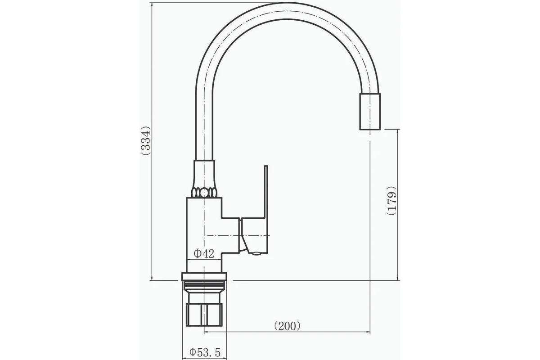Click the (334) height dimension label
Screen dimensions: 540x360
146,140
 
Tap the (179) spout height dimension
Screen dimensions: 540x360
391,201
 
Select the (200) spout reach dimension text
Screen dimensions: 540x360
288,326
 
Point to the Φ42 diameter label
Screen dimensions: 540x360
204,254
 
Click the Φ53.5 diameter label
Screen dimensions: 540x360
205,352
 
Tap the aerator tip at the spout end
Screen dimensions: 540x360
370,112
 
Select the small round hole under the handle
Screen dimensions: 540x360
256,253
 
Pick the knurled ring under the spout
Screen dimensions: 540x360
204,193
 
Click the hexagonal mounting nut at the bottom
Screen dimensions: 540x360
204,315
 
